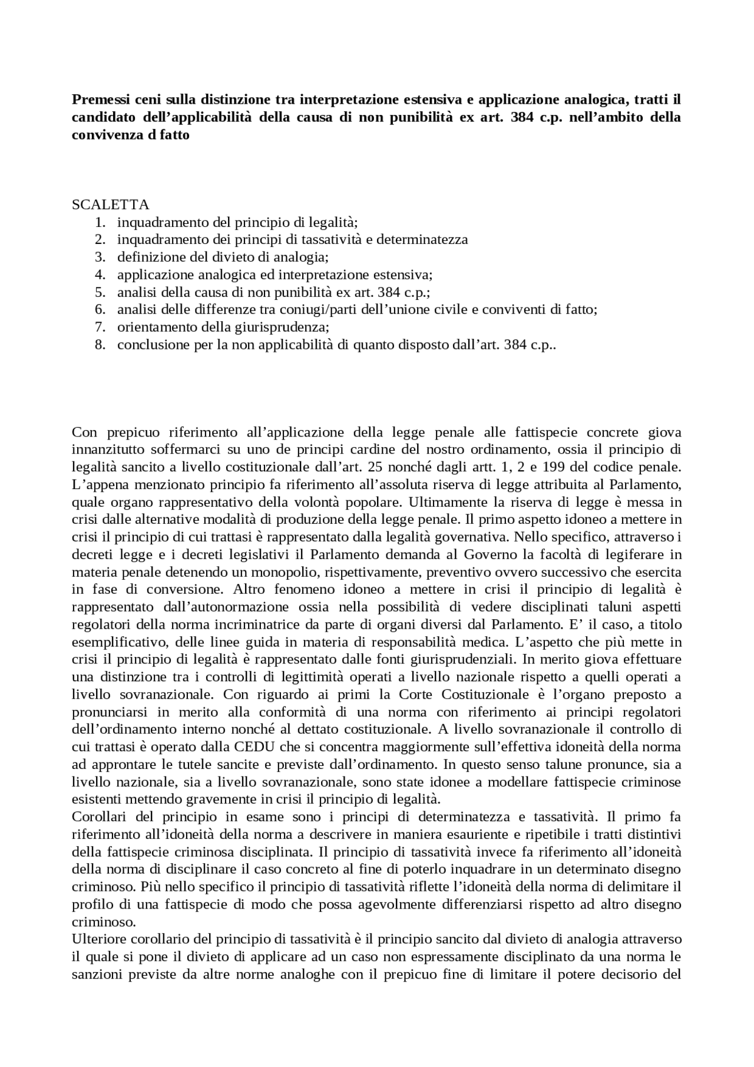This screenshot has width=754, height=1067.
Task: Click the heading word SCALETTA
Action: pos(110,204)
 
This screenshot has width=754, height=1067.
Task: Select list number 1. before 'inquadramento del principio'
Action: pos(100,222)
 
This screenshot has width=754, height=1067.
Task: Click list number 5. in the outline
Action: pos(100,292)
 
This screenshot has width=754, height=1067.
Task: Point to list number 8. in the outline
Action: pos(100,345)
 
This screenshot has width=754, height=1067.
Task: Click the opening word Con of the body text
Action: pos(84,432)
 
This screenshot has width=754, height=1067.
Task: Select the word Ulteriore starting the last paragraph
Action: pos(96,939)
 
